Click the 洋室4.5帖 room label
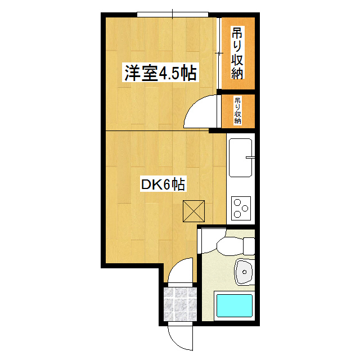(160, 74)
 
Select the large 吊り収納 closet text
(237, 53)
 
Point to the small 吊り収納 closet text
(237, 110)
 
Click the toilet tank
(248, 246)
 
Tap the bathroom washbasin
(244, 272)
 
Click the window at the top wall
(173, 14)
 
